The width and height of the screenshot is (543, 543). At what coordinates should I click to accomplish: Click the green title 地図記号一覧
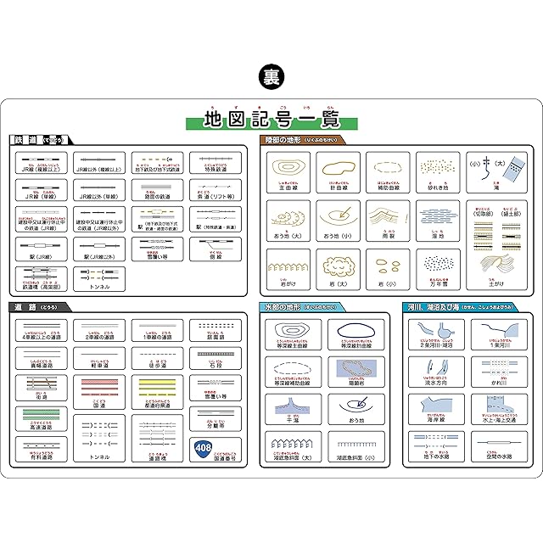click(271, 120)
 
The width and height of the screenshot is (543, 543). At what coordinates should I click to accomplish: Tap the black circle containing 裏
click(271, 75)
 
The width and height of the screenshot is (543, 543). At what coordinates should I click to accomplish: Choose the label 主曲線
click(289, 188)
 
